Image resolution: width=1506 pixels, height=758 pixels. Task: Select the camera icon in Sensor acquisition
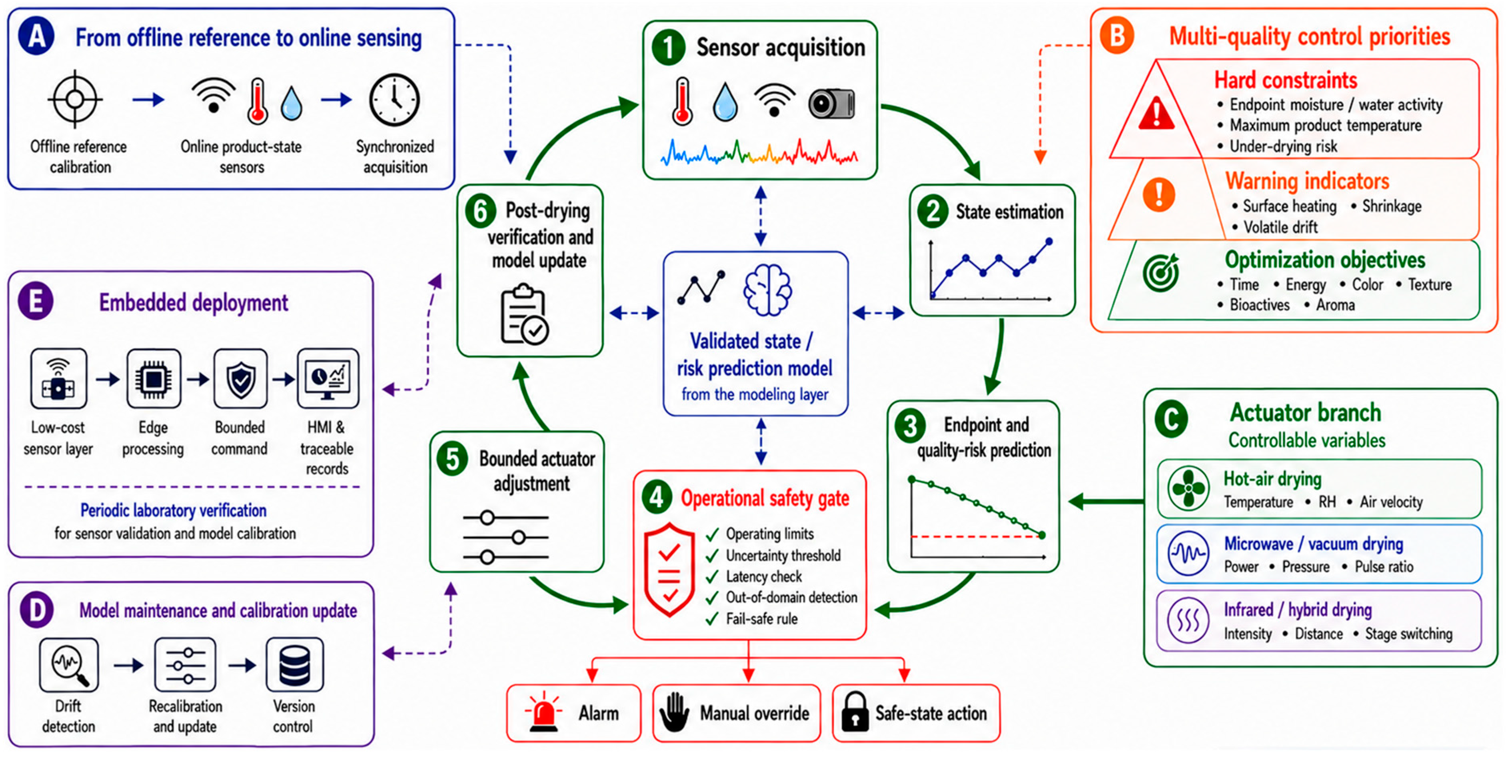click(831, 104)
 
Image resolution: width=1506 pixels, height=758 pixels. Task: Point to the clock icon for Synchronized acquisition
click(394, 100)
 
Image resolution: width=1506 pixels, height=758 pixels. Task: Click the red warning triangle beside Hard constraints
click(1156, 113)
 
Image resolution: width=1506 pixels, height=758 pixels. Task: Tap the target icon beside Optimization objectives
click(1161, 272)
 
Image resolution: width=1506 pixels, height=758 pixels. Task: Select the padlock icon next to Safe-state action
click(855, 712)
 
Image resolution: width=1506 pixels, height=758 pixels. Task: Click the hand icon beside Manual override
click(674, 712)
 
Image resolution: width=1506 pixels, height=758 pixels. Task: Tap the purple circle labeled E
click(35, 301)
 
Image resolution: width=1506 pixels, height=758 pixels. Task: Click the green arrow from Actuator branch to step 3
click(1106, 501)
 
